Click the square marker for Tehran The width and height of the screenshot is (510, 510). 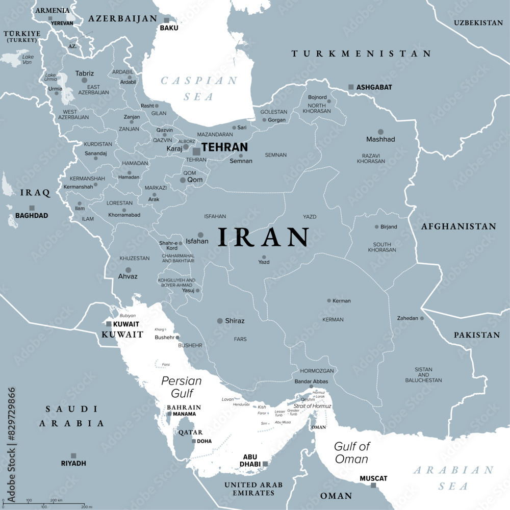196,151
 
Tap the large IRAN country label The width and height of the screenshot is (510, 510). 264,238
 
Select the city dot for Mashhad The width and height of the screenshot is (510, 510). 380,132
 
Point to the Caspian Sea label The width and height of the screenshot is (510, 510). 199,88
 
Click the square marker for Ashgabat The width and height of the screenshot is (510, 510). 351,87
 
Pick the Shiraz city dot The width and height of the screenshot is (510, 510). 220,321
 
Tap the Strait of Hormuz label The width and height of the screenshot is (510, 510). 312,406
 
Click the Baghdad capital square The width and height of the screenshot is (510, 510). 32,208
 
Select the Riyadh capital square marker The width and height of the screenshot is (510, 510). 73,455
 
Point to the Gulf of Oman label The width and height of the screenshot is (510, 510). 351,452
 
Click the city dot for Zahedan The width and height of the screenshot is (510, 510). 422,318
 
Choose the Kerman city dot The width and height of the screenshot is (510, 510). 329,300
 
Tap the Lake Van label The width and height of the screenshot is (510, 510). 28,59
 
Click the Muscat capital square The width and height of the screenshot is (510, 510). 373,486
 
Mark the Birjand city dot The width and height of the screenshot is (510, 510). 377,227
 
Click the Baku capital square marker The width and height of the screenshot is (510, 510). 166,20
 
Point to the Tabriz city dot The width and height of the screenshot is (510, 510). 84,81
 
